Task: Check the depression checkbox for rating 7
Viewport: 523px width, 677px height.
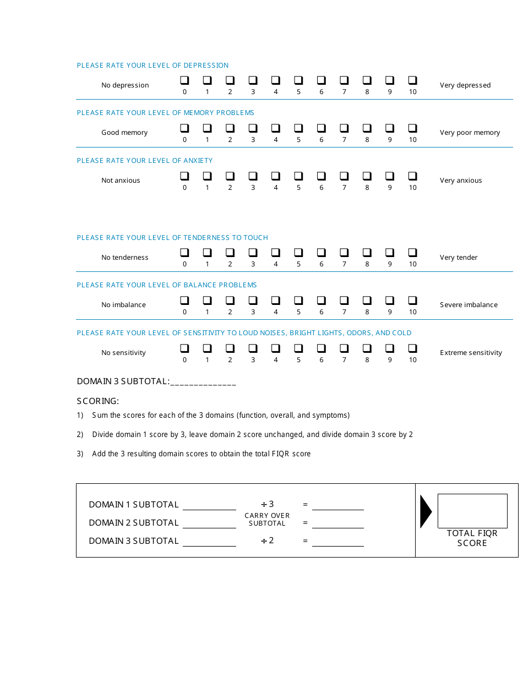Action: pyautogui.click(x=344, y=80)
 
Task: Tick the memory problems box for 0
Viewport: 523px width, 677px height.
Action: pyautogui.click(x=184, y=128)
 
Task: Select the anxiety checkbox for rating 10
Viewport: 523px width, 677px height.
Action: pyautogui.click(x=412, y=176)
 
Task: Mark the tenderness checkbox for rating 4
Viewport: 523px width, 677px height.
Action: pyautogui.click(x=275, y=253)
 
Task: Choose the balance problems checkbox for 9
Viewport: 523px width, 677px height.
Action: pyautogui.click(x=389, y=301)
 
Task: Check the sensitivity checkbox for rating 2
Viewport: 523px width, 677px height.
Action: pyautogui.click(x=230, y=348)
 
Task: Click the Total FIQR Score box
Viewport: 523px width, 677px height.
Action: pyautogui.click(x=472, y=511)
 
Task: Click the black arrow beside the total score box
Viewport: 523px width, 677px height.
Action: pyautogui.click(x=426, y=511)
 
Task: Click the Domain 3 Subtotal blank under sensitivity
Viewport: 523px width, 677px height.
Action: pyautogui.click(x=203, y=382)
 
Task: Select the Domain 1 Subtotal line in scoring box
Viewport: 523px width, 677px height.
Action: pyautogui.click(x=209, y=505)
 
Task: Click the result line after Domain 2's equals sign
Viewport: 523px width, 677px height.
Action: pyautogui.click(x=337, y=523)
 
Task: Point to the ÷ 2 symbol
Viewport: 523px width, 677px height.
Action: pyautogui.click(x=267, y=540)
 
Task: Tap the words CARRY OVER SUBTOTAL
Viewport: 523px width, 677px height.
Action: pyautogui.click(x=267, y=520)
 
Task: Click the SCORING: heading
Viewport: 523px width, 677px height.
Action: pyautogui.click(x=98, y=401)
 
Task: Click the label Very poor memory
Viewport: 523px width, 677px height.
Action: pyautogui.click(x=470, y=133)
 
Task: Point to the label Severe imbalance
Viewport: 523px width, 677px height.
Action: pyautogui.click(x=468, y=305)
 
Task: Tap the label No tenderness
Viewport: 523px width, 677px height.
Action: pyautogui.click(x=124, y=258)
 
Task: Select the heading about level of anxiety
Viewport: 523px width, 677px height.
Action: pyautogui.click(x=145, y=161)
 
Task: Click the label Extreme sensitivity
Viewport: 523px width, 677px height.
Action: pyautogui.click(x=471, y=353)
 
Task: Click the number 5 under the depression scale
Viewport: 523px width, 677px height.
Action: pyautogui.click(x=298, y=92)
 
